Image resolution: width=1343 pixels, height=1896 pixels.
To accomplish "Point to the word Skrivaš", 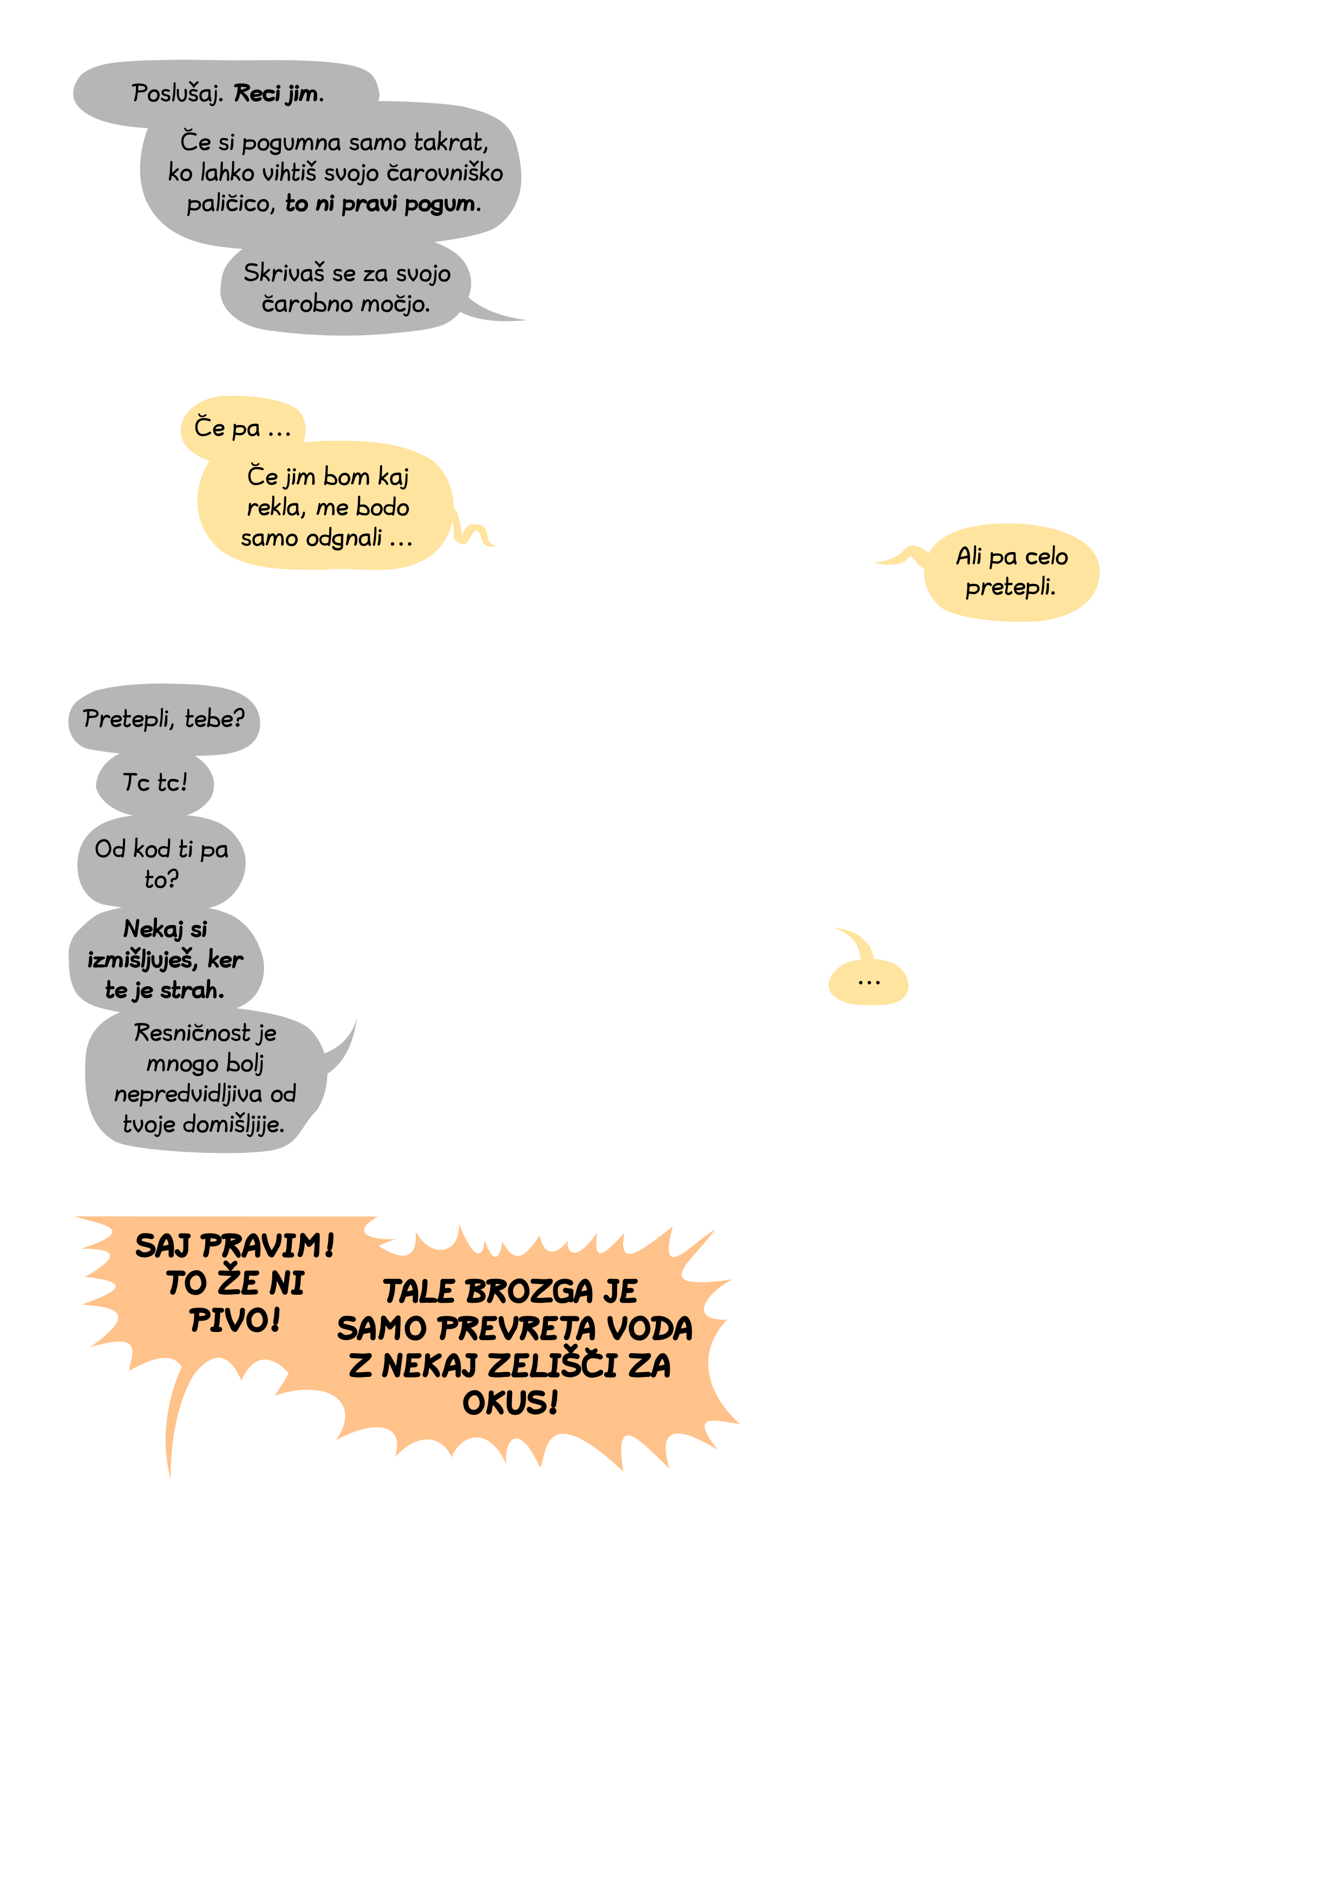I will [284, 273].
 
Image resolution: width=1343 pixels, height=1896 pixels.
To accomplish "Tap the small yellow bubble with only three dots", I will [868, 982].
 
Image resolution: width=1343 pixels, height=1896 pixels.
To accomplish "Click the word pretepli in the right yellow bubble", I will [1010, 587].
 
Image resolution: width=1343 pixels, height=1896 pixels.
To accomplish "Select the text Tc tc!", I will [155, 782].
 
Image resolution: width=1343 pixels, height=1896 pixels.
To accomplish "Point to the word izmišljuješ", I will [142, 960].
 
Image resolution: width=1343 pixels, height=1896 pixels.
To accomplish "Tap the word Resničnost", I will [192, 1033].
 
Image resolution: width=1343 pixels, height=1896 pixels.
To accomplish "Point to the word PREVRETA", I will [517, 1328].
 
